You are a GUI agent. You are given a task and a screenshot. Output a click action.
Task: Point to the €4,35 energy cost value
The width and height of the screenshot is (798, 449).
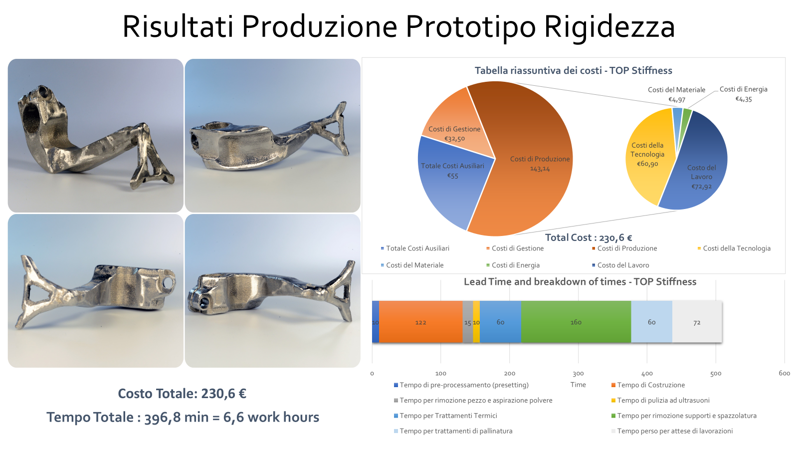coord(744,99)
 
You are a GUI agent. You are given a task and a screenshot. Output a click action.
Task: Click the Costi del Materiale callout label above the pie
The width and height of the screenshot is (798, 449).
coord(676,90)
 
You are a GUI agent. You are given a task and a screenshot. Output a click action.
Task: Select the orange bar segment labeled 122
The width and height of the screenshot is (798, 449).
coord(421,322)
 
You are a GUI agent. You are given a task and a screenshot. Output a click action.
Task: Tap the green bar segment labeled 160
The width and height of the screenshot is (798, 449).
coord(576,322)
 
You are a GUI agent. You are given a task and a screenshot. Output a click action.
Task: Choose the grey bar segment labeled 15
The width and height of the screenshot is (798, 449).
coord(468,322)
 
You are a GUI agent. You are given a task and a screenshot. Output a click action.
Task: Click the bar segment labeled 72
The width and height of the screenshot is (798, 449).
coord(697,322)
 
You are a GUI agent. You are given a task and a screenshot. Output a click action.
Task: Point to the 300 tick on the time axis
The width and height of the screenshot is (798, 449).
coord(578,374)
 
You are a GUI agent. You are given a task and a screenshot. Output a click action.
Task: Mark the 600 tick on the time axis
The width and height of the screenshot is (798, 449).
coord(785,373)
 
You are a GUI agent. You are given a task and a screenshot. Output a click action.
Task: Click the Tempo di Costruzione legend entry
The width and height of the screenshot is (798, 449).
coord(648,385)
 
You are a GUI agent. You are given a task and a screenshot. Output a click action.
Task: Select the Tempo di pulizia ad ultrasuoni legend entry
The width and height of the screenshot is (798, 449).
coord(660,400)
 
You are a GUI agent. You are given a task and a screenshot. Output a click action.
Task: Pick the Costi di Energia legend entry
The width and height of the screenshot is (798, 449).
coord(513,265)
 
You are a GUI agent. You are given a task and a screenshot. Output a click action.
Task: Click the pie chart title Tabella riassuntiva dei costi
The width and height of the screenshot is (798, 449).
coord(573,70)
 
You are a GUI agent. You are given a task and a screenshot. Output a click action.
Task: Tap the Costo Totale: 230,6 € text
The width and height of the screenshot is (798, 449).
coord(182,394)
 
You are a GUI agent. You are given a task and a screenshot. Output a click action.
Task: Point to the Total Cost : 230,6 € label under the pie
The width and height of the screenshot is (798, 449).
coord(589,237)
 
